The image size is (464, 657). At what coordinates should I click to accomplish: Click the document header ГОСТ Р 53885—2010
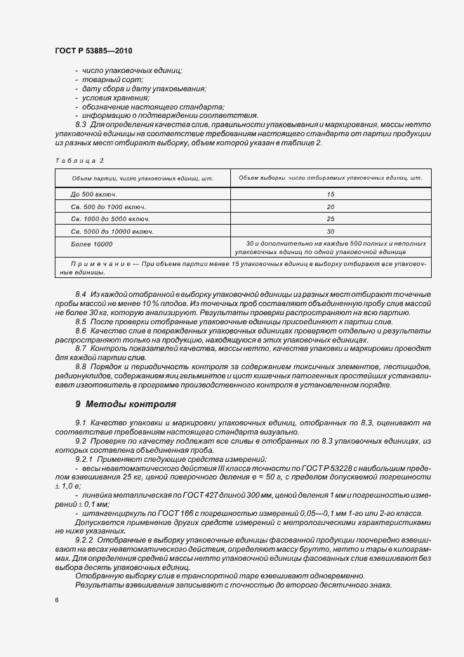pos(93,52)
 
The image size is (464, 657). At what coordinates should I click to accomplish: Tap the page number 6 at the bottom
pos(57,600)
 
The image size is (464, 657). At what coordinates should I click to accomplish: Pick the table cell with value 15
pos(330,193)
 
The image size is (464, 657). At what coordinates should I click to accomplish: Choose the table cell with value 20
pos(330,206)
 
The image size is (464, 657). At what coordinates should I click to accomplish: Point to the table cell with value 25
pos(330,218)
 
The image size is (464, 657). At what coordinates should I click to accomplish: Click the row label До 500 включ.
pos(93,193)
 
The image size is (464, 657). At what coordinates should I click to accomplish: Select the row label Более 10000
pos(92,244)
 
